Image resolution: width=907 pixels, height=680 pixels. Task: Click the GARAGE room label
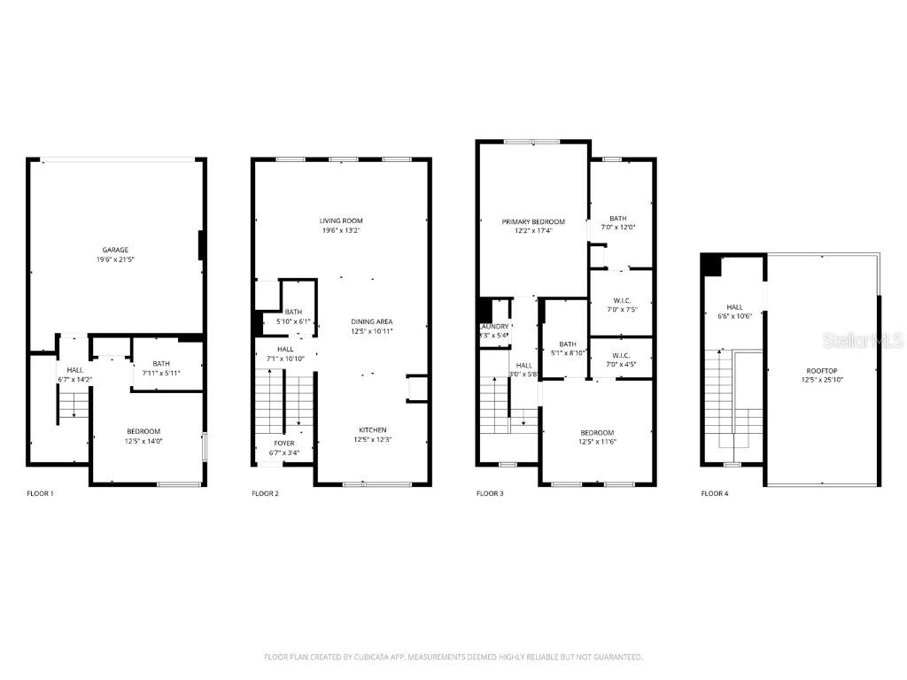[x=111, y=250]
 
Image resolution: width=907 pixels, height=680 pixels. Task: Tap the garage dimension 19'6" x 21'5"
[x=111, y=259]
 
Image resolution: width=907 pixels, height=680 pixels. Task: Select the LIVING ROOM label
[x=341, y=220]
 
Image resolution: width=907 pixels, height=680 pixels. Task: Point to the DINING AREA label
[x=372, y=321]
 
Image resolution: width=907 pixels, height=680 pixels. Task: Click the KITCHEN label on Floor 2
[x=372, y=429]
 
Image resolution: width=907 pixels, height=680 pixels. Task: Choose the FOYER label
[x=284, y=443]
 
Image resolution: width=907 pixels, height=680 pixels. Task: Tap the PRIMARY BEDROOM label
[x=532, y=221]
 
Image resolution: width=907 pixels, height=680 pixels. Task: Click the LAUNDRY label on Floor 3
[x=494, y=326]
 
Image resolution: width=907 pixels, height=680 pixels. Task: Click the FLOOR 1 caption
[x=40, y=493]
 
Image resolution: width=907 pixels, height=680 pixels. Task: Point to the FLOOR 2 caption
[x=265, y=493]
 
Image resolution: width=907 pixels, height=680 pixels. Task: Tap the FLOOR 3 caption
[x=490, y=493]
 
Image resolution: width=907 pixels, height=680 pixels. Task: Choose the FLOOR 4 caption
[x=715, y=493]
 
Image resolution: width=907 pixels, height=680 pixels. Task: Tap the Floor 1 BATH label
[x=161, y=363]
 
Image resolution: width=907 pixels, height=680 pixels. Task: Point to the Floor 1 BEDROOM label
[x=143, y=431]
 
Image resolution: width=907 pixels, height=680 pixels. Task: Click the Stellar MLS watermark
[x=862, y=340]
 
